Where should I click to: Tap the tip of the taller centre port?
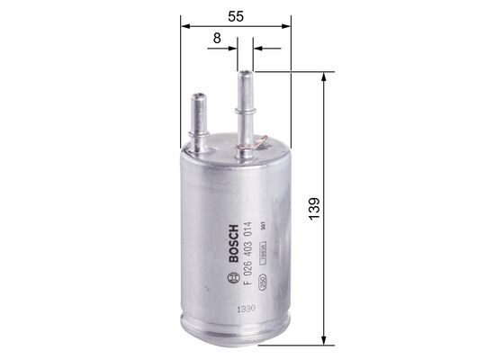point(244,74)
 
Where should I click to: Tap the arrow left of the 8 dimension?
point(231,47)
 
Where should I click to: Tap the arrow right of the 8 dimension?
point(256,47)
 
